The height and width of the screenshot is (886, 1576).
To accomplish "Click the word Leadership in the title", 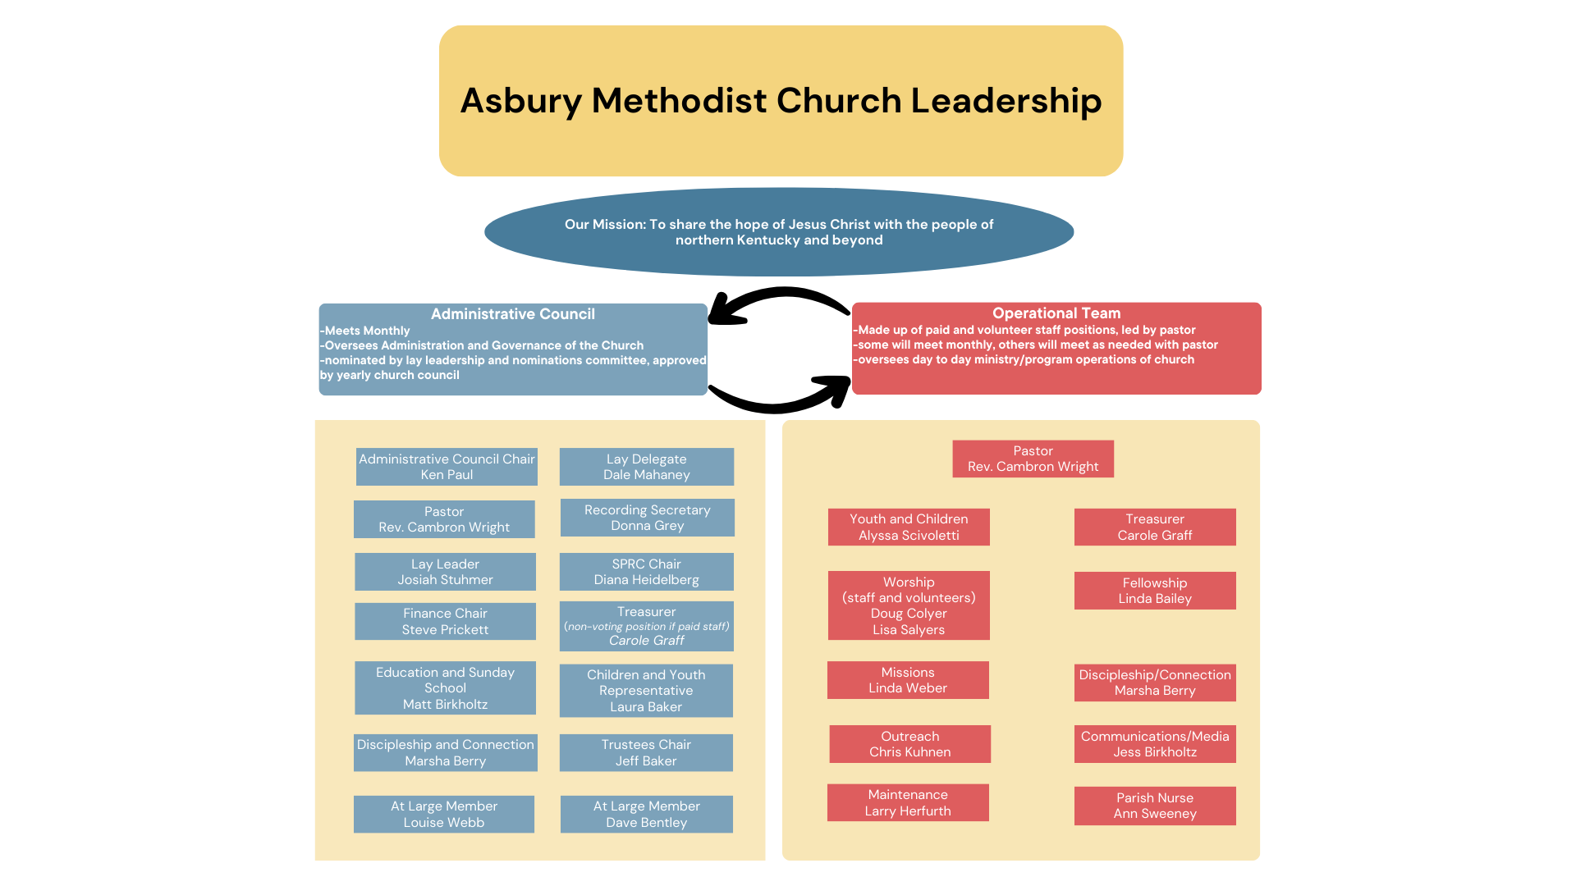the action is pyautogui.click(x=1006, y=102).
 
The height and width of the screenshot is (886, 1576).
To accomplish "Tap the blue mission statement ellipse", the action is pyautogui.click(x=779, y=232).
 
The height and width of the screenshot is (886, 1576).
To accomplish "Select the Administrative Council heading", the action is pyautogui.click(x=513, y=314).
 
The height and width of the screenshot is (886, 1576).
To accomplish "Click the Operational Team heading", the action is pyautogui.click(x=1056, y=313).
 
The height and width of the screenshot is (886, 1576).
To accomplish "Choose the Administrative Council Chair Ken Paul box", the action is pyautogui.click(x=447, y=467).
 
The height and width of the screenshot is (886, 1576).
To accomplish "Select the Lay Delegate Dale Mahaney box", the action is pyautogui.click(x=647, y=467).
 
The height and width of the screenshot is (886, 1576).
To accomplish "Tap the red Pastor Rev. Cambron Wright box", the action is pyautogui.click(x=1033, y=459).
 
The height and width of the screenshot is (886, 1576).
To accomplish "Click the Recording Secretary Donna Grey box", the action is pyautogui.click(x=647, y=518).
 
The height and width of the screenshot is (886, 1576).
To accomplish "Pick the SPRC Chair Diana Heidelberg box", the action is pyautogui.click(x=647, y=572).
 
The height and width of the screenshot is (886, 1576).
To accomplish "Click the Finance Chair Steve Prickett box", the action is pyautogui.click(x=445, y=621).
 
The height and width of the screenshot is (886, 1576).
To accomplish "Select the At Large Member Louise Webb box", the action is pyautogui.click(x=444, y=814).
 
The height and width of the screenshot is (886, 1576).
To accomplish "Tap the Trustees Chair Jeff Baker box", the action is pyautogui.click(x=646, y=752).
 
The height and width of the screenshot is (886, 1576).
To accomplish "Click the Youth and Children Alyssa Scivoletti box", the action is pyautogui.click(x=909, y=527).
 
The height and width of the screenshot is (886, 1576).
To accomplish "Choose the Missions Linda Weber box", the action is pyautogui.click(x=908, y=680).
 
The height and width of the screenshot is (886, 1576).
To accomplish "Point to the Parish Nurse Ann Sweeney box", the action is pyautogui.click(x=1155, y=806).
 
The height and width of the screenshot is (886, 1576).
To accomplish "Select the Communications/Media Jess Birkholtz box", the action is pyautogui.click(x=1155, y=744).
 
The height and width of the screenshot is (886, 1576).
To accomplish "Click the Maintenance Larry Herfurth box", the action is pyautogui.click(x=908, y=802).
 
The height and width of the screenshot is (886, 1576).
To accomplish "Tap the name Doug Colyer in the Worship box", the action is pyautogui.click(x=909, y=614).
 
